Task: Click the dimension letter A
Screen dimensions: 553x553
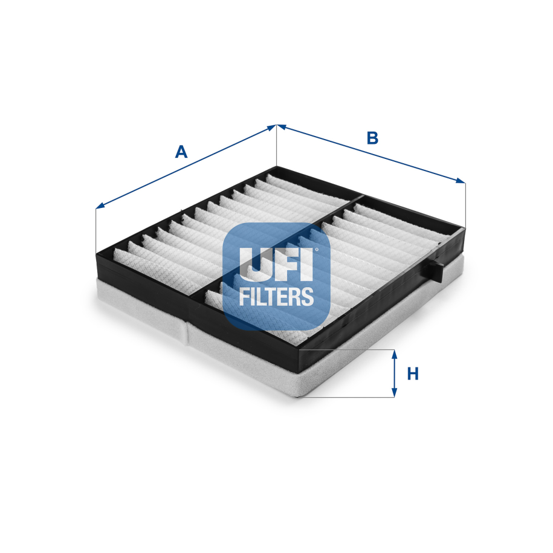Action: pyautogui.click(x=181, y=152)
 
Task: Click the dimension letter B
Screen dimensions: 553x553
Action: pyautogui.click(x=372, y=138)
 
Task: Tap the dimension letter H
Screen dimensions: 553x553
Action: pyautogui.click(x=413, y=374)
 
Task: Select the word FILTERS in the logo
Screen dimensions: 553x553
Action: pyautogui.click(x=277, y=296)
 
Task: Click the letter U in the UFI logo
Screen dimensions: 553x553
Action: pyautogui.click(x=253, y=264)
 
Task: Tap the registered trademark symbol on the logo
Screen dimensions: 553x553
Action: pyautogui.click(x=315, y=248)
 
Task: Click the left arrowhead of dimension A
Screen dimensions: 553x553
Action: pyautogui.click(x=99, y=207)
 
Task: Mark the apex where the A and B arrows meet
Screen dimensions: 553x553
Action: pyautogui.click(x=277, y=126)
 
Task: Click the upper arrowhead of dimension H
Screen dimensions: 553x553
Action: pyautogui.click(x=394, y=354)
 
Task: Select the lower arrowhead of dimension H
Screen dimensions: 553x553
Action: pyautogui.click(x=394, y=393)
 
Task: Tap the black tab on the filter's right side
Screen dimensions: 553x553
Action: pyautogui.click(x=436, y=270)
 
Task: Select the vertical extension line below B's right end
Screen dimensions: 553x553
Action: pyautogui.click(x=466, y=203)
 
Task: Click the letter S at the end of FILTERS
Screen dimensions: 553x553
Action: pyautogui.click(x=308, y=296)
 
